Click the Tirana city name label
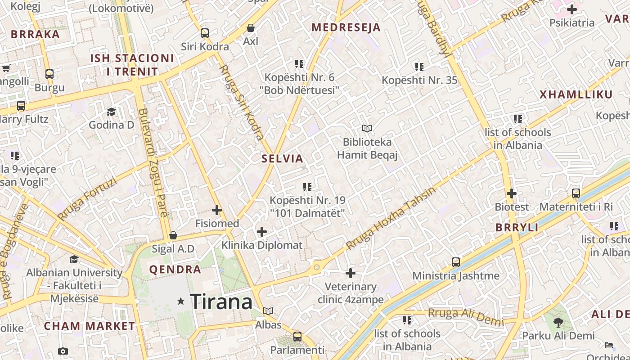221,301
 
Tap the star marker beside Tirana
181,301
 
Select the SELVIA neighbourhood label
283,158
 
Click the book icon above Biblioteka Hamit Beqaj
367,129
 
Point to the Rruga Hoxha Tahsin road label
391,218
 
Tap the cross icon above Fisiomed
217,210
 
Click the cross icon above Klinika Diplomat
261,232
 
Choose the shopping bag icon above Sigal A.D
173,235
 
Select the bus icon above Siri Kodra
205,33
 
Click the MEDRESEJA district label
346,27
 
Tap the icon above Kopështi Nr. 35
419,67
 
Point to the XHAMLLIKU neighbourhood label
576,94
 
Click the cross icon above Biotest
512,194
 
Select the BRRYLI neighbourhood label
517,228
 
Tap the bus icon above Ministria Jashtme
456,262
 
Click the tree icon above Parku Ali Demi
558,322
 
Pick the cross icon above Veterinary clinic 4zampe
351,273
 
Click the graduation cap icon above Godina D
111,112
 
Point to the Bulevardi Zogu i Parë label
153,162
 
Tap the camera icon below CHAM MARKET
63,351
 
